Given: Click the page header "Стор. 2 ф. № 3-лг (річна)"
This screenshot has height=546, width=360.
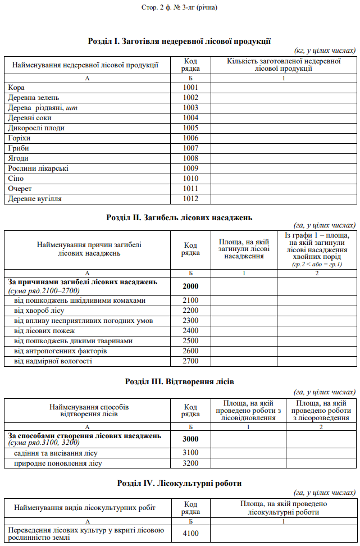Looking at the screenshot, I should [179, 7].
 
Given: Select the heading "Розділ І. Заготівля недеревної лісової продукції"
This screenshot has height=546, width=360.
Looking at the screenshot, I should [180, 41].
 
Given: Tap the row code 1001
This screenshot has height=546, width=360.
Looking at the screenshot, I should [190, 88].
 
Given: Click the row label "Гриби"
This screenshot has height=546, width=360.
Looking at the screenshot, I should [19, 148].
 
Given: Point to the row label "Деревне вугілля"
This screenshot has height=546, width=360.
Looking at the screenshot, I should [35, 199].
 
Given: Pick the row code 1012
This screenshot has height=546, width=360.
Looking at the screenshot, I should [190, 199].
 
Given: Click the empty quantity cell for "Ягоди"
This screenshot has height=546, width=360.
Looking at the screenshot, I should [283, 158].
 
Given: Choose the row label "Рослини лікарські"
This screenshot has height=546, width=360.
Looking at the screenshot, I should [38, 169].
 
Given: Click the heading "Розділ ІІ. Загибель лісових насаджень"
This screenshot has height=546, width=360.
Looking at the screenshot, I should [180, 217].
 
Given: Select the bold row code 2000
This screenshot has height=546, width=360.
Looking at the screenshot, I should [190, 286].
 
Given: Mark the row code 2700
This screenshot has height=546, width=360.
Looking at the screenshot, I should [190, 361].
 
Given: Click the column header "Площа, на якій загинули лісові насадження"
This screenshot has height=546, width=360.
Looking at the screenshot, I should [243, 249].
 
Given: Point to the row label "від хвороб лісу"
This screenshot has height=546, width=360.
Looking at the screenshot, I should [39, 311].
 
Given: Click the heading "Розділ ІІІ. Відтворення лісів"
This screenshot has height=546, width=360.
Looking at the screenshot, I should [180, 381].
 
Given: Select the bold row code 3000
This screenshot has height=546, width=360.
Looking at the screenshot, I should [190, 439].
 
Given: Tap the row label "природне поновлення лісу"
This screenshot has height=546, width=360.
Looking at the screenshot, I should [58, 463].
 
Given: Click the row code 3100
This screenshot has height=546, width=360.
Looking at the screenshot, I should [190, 453].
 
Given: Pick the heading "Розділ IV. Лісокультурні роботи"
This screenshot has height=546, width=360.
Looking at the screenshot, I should [180, 483].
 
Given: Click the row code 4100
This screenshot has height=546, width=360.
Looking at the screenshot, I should [190, 534].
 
